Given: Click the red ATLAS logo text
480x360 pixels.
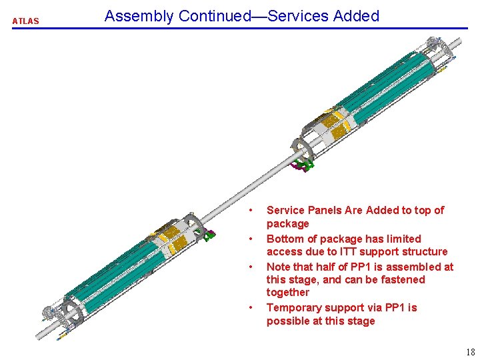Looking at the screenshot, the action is [x=26, y=21].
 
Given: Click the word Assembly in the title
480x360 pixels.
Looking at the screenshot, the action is [x=139, y=16].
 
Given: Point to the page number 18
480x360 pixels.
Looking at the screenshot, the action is [x=471, y=352].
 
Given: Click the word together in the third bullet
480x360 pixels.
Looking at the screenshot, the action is [x=288, y=293].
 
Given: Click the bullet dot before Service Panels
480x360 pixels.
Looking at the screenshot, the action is [x=251, y=210].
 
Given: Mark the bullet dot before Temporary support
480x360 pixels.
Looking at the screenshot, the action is [x=251, y=307].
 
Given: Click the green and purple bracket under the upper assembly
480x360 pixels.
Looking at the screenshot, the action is [x=303, y=165].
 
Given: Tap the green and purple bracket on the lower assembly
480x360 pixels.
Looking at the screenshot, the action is [x=207, y=235].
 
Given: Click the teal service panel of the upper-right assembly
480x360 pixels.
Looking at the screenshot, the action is [x=389, y=89].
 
